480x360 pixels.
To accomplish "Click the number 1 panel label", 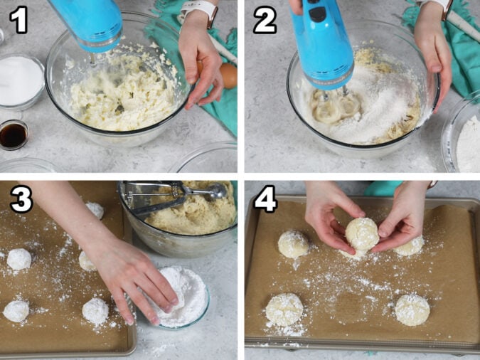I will tap(18, 20).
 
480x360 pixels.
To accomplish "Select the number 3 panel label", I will tap(21, 200).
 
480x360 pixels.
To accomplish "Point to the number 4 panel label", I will tap(265, 200).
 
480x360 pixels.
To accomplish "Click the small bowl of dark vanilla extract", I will tap(13, 134).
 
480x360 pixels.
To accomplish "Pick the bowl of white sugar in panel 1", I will tap(20, 80).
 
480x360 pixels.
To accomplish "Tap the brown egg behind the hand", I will tap(228, 75).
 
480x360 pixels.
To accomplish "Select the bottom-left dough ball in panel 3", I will tap(16, 310).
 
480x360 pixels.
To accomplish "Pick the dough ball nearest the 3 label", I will tap(19, 259).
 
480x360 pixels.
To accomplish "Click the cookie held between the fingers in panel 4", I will tap(362, 233).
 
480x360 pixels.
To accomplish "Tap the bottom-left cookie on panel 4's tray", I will tap(284, 309).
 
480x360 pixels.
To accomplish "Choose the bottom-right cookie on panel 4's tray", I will tap(412, 309).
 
